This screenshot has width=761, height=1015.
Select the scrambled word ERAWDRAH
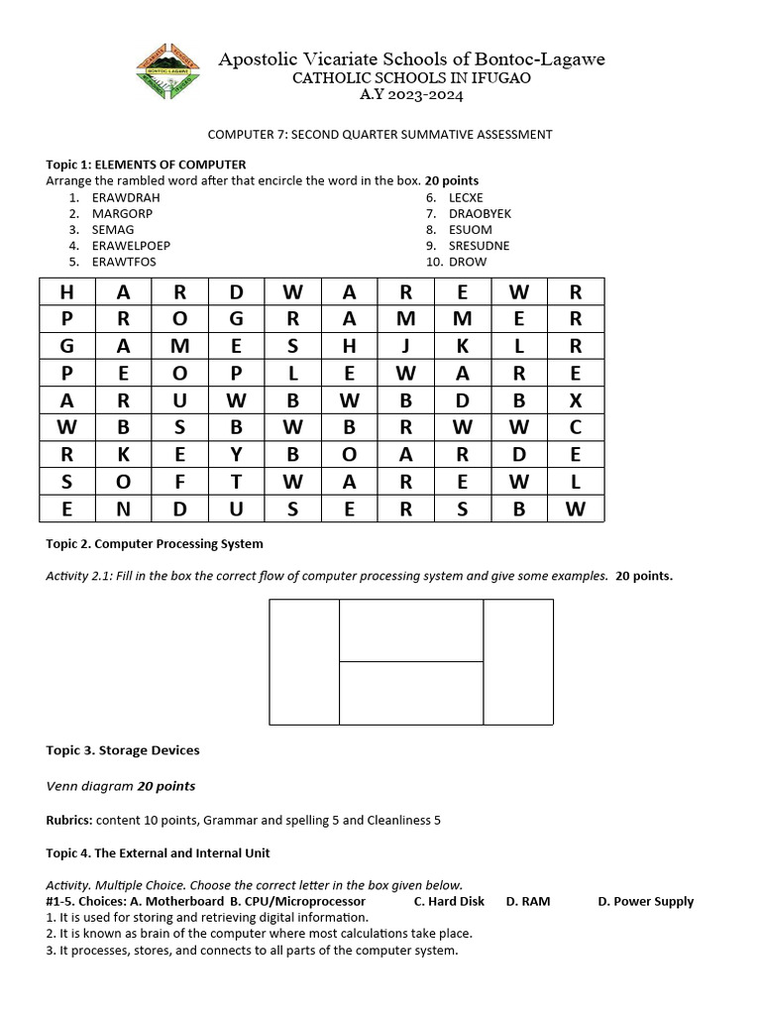(x=126, y=197)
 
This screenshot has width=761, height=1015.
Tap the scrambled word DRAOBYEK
(x=480, y=213)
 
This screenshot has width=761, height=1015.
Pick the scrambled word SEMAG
(x=112, y=229)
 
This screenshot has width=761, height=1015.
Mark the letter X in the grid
(x=576, y=400)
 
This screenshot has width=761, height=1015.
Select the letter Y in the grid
(x=236, y=455)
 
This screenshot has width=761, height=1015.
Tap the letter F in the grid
(x=179, y=483)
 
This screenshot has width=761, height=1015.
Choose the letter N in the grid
(x=123, y=509)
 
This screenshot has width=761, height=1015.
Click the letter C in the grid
(x=576, y=428)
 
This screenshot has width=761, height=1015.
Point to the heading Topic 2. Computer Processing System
(x=155, y=543)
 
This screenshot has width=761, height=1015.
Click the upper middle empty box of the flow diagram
(x=411, y=630)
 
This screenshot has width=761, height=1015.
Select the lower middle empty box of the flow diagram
(x=411, y=693)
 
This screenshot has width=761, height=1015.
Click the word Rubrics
(x=69, y=820)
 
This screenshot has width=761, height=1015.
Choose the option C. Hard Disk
(x=449, y=901)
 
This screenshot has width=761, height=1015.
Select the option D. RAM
(x=527, y=901)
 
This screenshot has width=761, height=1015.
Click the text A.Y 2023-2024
(x=410, y=95)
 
